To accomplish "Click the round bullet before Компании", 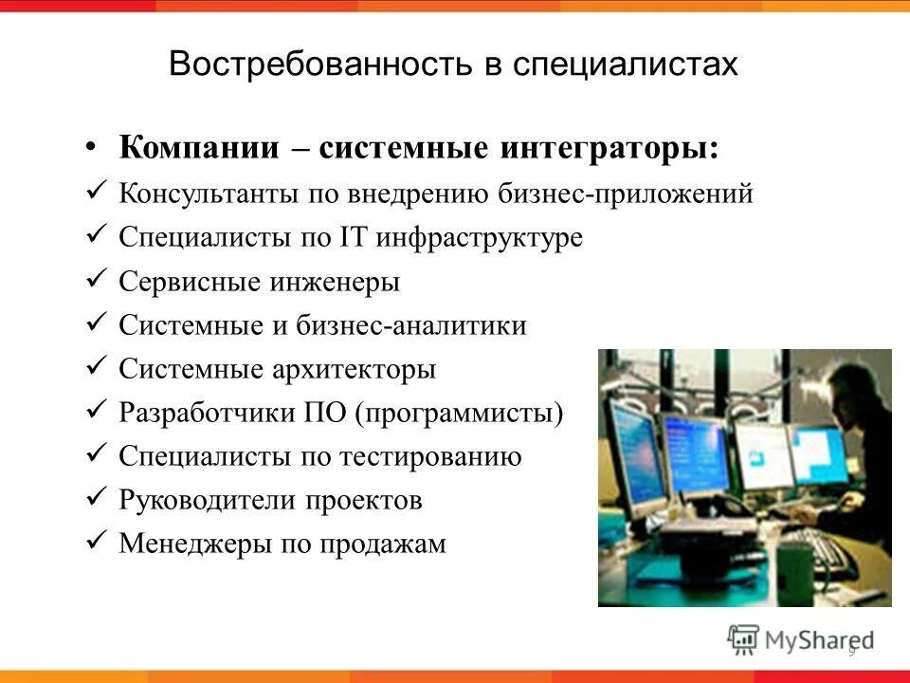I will [91, 148].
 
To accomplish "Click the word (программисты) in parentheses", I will [460, 414].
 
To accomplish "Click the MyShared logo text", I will [819, 639].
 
